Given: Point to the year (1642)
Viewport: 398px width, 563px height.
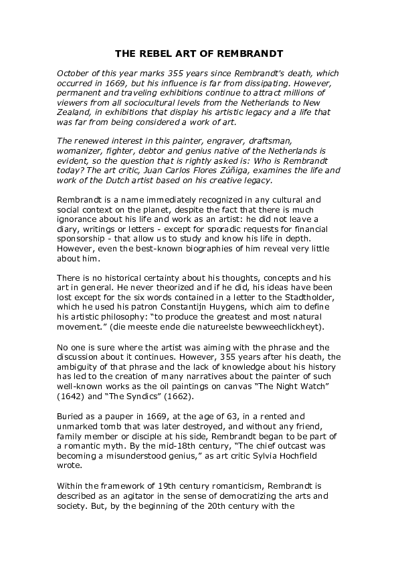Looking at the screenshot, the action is point(73,395).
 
